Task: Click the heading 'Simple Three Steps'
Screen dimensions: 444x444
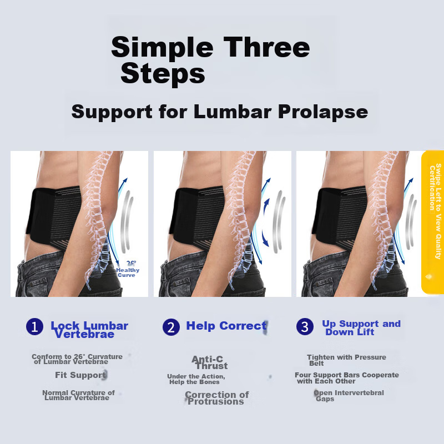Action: (210, 60)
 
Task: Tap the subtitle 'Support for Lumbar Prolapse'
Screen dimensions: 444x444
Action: (219, 112)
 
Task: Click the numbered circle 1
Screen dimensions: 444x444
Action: (34, 327)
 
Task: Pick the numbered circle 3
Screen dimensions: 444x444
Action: (305, 327)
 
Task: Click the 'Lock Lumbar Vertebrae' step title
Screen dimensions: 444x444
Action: (89, 330)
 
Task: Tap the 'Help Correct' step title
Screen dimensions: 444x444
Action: (226, 326)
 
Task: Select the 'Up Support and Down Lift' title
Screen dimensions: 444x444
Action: (361, 327)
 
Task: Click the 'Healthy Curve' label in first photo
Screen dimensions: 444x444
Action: (128, 272)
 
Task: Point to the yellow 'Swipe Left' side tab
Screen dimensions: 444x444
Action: (432, 222)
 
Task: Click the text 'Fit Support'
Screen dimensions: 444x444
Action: (80, 375)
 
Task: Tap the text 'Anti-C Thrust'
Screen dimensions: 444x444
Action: (209, 362)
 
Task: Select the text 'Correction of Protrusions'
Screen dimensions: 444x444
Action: (216, 398)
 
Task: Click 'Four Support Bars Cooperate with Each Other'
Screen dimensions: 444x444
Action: (346, 378)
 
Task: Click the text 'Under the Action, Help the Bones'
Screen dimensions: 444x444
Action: (195, 379)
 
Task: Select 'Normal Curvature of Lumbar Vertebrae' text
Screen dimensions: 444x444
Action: (78, 395)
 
